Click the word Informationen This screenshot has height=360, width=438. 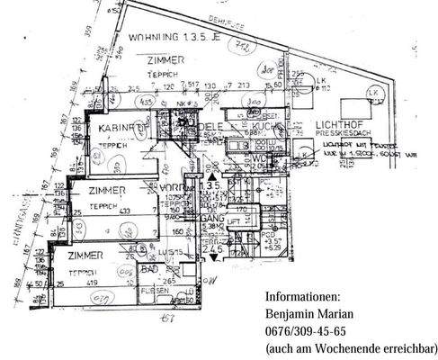[303, 296]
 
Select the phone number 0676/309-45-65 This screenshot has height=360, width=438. [306, 330]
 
